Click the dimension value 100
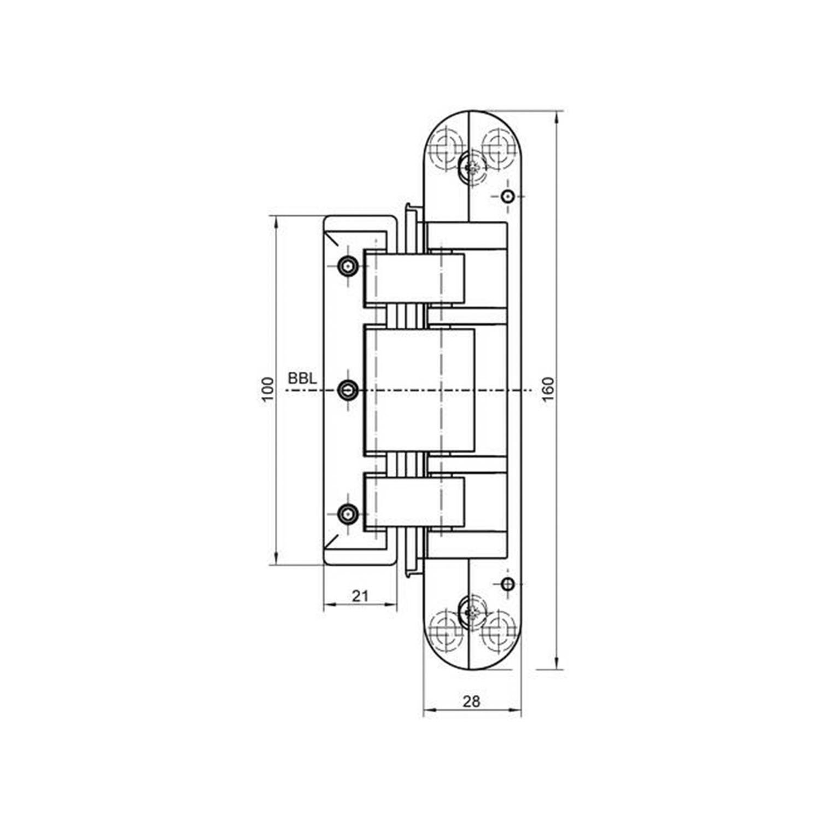click(x=267, y=390)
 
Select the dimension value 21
click(x=360, y=595)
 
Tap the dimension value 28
click(x=471, y=701)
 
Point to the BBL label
click(x=302, y=378)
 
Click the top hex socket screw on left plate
click(x=348, y=266)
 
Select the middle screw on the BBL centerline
click(x=348, y=390)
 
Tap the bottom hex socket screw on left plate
click(x=348, y=514)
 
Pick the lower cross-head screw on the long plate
click(x=471, y=611)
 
